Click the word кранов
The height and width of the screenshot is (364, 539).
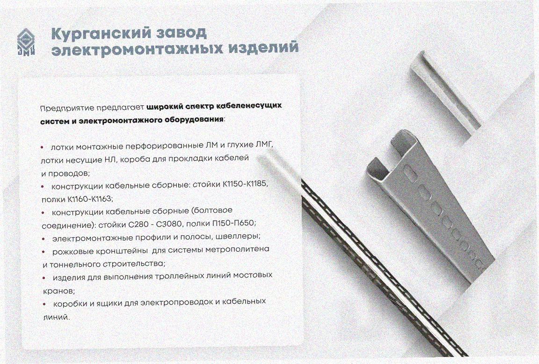59,291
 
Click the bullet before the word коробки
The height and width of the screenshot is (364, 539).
45,304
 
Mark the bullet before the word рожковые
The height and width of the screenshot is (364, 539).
44,252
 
